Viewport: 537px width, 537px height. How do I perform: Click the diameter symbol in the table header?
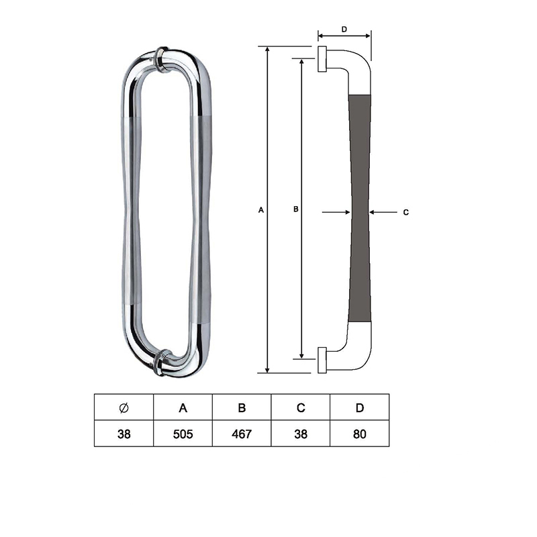tap(124, 407)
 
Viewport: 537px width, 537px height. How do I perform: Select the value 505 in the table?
tap(183, 434)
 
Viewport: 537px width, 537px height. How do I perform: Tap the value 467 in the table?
tap(242, 434)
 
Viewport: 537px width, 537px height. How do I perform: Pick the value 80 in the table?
tap(360, 434)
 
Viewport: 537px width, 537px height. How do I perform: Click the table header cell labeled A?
tap(183, 407)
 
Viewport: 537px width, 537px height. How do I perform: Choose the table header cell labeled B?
tap(242, 407)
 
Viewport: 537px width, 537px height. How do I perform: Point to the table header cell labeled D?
tap(360, 407)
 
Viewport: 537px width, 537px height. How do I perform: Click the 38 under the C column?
tap(301, 434)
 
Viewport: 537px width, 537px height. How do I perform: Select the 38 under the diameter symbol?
tap(124, 434)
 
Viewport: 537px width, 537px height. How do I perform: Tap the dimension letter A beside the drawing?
tap(261, 210)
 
